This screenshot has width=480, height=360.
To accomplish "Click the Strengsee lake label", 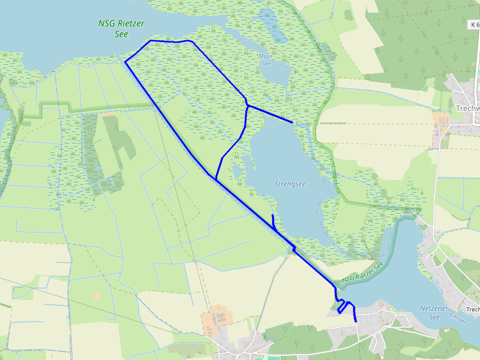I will [x=290, y=184].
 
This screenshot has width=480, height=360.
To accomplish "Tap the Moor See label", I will [x=265, y=60].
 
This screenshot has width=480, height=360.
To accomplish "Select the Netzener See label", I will [x=434, y=311].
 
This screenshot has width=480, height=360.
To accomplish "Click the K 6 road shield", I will [x=474, y=25].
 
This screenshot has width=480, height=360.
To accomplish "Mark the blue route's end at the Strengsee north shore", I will [x=292, y=122].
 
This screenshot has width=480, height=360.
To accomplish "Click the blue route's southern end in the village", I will [x=356, y=322].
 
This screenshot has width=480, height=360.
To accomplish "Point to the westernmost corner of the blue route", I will [x=125, y=61].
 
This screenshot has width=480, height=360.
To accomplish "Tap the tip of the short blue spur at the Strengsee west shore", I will [x=272, y=215].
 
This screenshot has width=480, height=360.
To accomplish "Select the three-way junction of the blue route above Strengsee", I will [x=247, y=106].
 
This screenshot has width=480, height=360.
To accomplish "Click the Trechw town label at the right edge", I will [x=467, y=109].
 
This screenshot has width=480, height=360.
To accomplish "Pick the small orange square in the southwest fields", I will [x=97, y=297].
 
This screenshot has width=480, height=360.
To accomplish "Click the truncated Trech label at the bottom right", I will [x=472, y=310].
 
